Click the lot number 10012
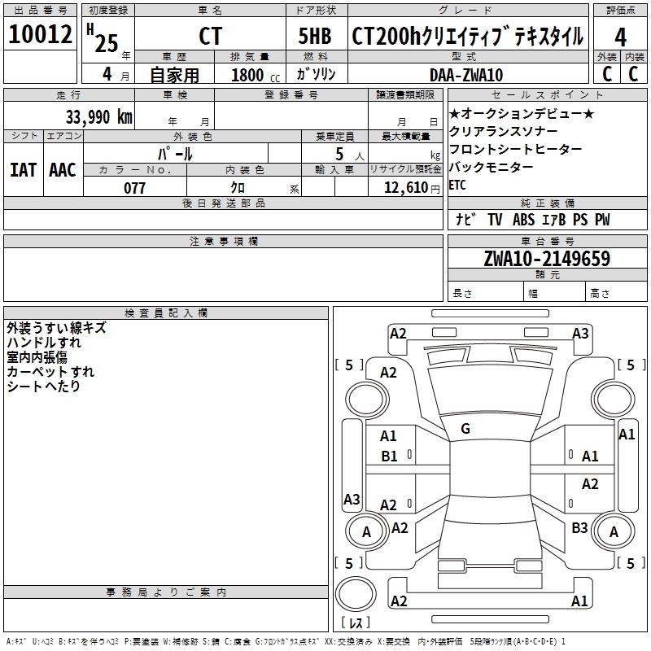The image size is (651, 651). pos(40,35)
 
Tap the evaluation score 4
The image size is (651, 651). pos(621,37)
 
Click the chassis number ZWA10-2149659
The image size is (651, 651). pos(547,259)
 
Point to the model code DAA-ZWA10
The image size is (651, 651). pos(466,75)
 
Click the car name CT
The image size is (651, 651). pos(210,37)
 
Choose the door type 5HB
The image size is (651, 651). pos(315,37)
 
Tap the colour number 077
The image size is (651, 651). pos(135,187)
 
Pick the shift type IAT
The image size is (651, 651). pos(23,170)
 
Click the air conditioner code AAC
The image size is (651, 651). pos(62,170)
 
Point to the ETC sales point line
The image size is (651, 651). pos(457,185)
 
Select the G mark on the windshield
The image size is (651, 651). pos(465,428)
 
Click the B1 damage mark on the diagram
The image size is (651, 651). pos(390,456)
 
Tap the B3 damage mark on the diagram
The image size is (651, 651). pos(579,528)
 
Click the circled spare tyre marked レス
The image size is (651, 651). pos(356,598)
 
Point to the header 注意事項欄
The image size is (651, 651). pos(223,242)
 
